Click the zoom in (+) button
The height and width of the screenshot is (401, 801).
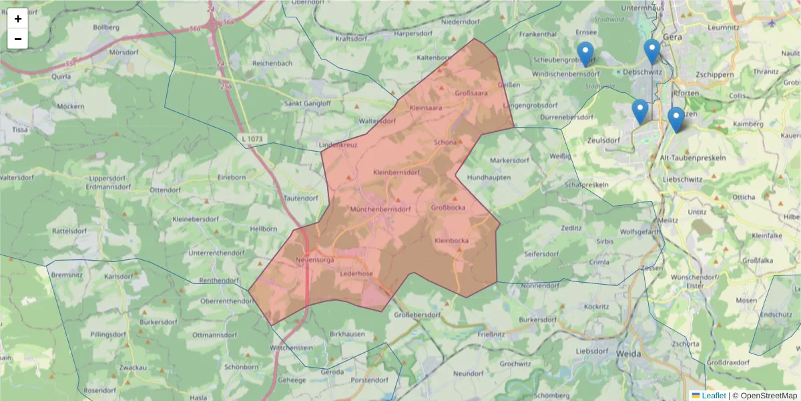click(18, 19)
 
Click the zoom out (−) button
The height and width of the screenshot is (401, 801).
click(18, 39)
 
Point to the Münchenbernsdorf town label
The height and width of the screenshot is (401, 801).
click(380, 209)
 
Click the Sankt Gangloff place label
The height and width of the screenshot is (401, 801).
click(308, 104)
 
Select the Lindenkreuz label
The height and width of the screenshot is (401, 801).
click(338, 144)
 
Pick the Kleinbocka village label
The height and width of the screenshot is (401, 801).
click(452, 241)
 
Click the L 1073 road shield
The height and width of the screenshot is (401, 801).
click(250, 138)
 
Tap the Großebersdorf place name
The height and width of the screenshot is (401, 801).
click(418, 315)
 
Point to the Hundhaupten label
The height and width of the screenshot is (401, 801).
click(489, 177)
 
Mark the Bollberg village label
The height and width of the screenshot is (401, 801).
click(106, 27)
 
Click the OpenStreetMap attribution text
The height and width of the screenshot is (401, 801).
click(768, 396)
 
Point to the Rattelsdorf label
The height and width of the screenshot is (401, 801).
click(70, 231)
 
